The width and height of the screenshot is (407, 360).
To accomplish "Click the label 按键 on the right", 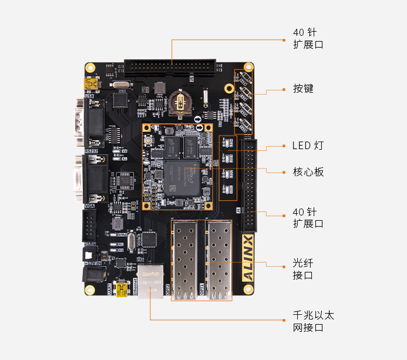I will coord(303,89).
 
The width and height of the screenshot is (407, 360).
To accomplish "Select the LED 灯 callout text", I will coord(307,145).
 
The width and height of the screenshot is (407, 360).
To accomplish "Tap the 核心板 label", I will coord(308,172).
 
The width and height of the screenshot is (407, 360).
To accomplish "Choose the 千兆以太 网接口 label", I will coord(312,321).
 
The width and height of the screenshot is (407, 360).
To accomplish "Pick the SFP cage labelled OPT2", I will coord(187,259).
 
